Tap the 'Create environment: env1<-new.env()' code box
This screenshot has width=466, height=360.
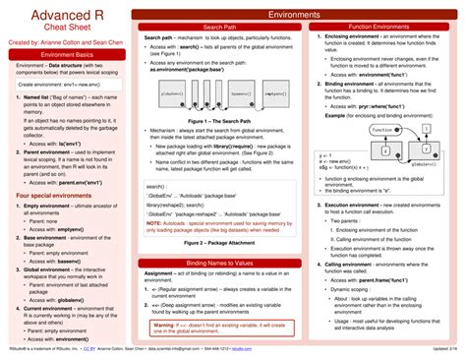pyautogui.click(x=65, y=85)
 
